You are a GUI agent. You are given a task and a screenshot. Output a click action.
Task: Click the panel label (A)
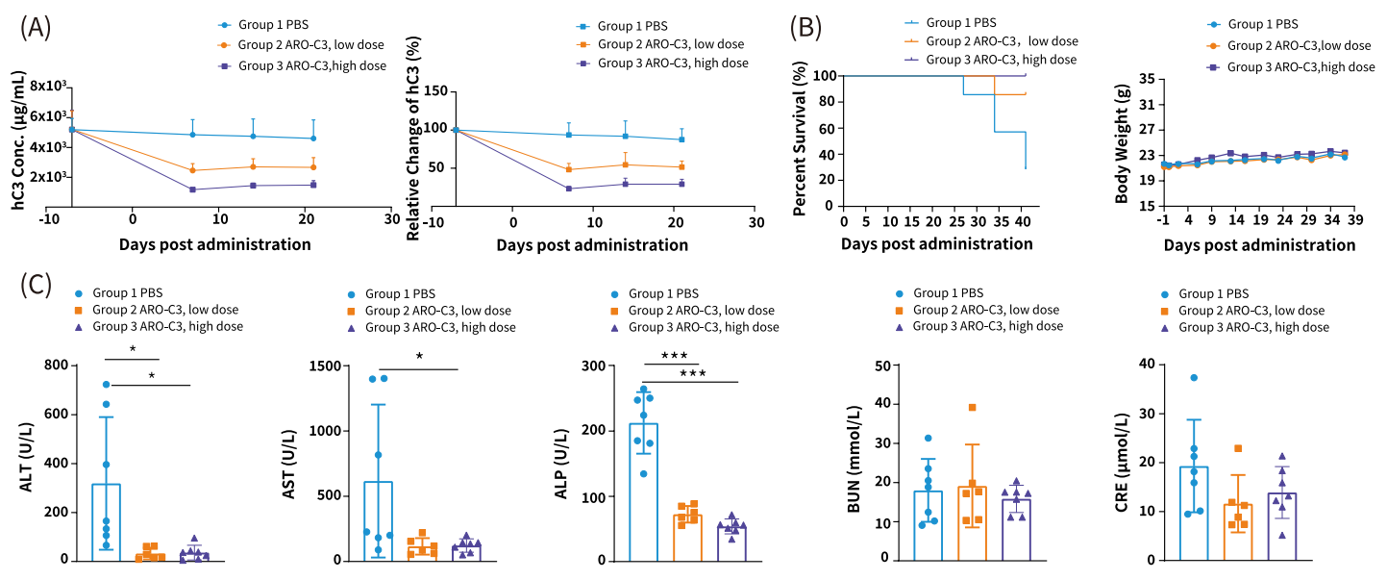[36, 28]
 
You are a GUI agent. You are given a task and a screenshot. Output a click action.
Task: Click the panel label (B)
[805, 28]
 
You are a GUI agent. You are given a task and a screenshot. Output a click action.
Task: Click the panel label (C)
[36, 286]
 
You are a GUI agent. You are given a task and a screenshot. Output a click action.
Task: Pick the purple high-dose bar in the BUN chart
[1016, 529]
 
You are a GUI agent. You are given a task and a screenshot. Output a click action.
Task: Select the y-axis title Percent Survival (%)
[799, 140]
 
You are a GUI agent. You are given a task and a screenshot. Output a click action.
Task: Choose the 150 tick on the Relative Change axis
[436, 90]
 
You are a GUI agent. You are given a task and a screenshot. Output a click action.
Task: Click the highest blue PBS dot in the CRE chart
[1193, 377]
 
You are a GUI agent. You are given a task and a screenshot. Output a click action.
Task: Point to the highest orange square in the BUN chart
[972, 407]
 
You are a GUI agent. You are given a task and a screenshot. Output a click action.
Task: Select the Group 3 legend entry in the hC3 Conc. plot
[303, 65]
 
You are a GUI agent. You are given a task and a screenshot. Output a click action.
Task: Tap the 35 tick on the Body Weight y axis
[1146, 79]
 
